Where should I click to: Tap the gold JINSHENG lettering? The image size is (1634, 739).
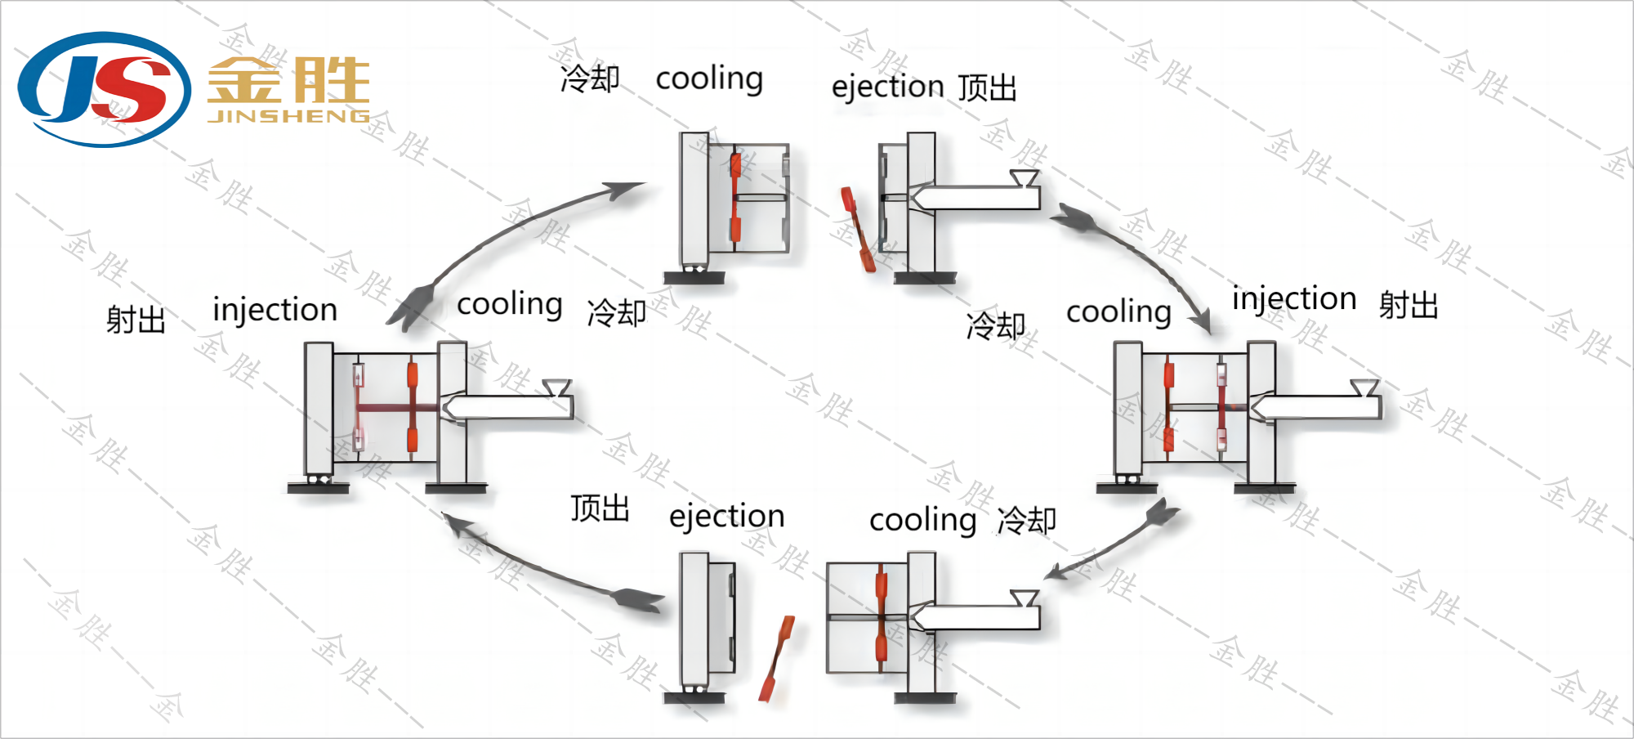pos(288,116)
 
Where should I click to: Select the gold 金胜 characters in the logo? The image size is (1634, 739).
pos(288,80)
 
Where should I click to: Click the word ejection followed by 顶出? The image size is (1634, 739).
pos(887,86)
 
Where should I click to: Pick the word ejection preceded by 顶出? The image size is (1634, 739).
pos(726,517)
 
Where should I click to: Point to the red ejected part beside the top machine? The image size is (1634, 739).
pos(858,230)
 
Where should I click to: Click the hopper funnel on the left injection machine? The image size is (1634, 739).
pos(557,387)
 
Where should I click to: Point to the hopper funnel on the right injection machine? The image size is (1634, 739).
pos(1364,387)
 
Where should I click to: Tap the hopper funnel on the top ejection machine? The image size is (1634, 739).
pos(1024,178)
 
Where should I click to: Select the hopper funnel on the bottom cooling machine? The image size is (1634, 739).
pos(1024,598)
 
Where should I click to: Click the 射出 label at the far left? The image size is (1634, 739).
pos(136,319)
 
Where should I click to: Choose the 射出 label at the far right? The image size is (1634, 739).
pos(1409,305)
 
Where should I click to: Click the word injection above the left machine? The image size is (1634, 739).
pos(275,311)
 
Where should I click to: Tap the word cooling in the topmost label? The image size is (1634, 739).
pos(709,79)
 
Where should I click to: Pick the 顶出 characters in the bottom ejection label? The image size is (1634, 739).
pos(600,508)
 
